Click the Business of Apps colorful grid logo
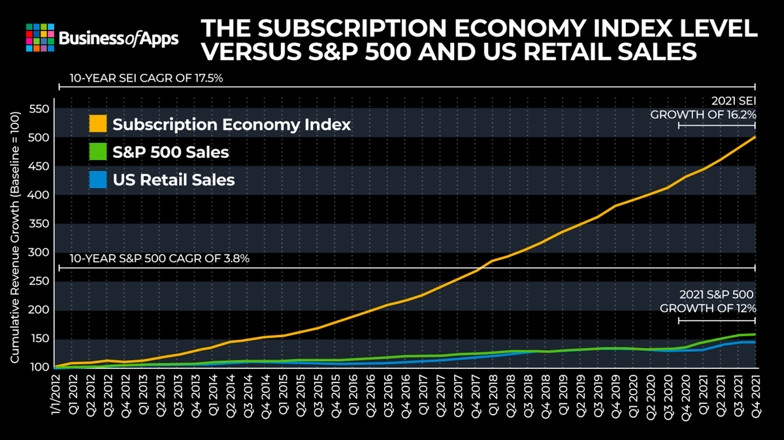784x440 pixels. tap(40, 38)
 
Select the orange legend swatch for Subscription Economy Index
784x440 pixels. tap(98, 124)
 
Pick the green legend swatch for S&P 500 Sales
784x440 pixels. tap(98, 152)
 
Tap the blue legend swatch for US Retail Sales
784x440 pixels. tap(98, 180)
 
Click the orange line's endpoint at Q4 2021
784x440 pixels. tap(755, 137)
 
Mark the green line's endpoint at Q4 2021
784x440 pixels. tap(755, 334)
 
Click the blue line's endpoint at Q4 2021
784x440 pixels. tap(755, 342)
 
